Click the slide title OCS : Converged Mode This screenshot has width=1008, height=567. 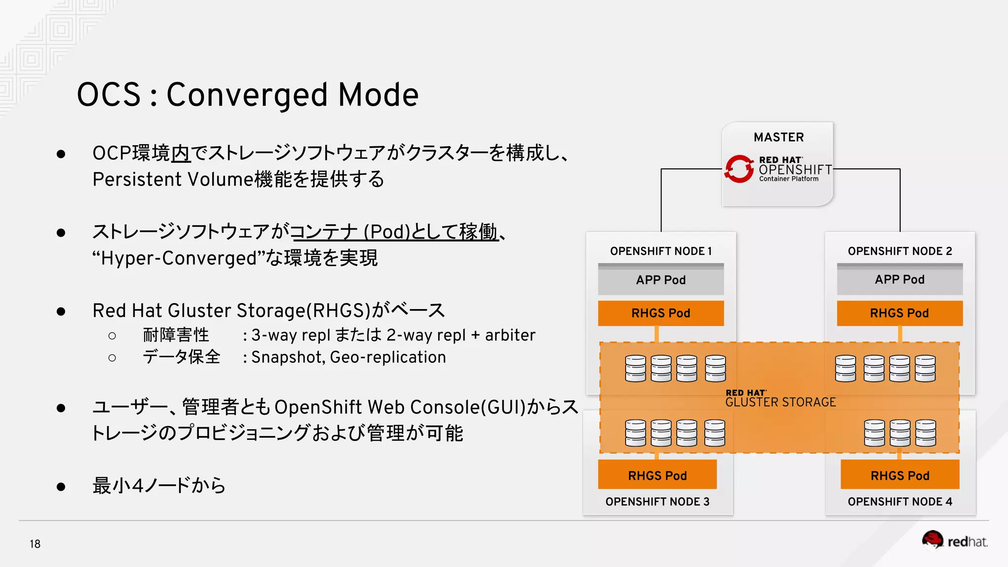(248, 94)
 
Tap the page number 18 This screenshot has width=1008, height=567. (35, 544)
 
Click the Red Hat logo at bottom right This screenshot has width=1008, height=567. (955, 541)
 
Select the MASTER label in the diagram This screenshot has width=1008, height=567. (779, 137)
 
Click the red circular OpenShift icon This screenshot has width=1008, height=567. (739, 169)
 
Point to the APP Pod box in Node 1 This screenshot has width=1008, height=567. (661, 280)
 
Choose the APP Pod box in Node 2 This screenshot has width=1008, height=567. (900, 280)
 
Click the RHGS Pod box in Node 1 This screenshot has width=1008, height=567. (661, 313)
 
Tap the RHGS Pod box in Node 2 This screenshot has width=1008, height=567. (900, 313)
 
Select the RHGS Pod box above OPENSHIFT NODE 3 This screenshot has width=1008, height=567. (657, 475)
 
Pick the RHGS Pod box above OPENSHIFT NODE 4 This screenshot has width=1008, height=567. (900, 475)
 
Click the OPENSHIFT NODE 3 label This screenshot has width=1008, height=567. (657, 502)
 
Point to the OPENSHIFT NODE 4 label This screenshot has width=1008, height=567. (900, 502)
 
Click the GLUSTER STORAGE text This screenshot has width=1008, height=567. (781, 402)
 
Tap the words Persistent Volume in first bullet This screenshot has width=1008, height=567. (172, 179)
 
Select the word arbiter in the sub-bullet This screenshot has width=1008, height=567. (510, 335)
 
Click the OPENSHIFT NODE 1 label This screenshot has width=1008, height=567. (661, 251)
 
